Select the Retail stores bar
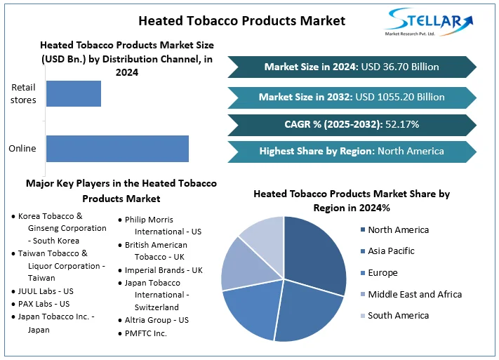[74, 94]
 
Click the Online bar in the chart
[117, 149]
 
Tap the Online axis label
[22, 149]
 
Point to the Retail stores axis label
[24, 94]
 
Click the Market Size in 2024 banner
[352, 67]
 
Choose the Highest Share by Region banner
[352, 151]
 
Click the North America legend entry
[397, 230]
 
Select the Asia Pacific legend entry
[390, 251]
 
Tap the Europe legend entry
[382, 273]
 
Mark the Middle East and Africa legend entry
[414, 294]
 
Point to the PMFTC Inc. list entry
[145, 333]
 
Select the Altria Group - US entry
[157, 320]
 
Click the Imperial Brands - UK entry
[164, 270]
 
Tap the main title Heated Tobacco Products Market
[241, 20]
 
